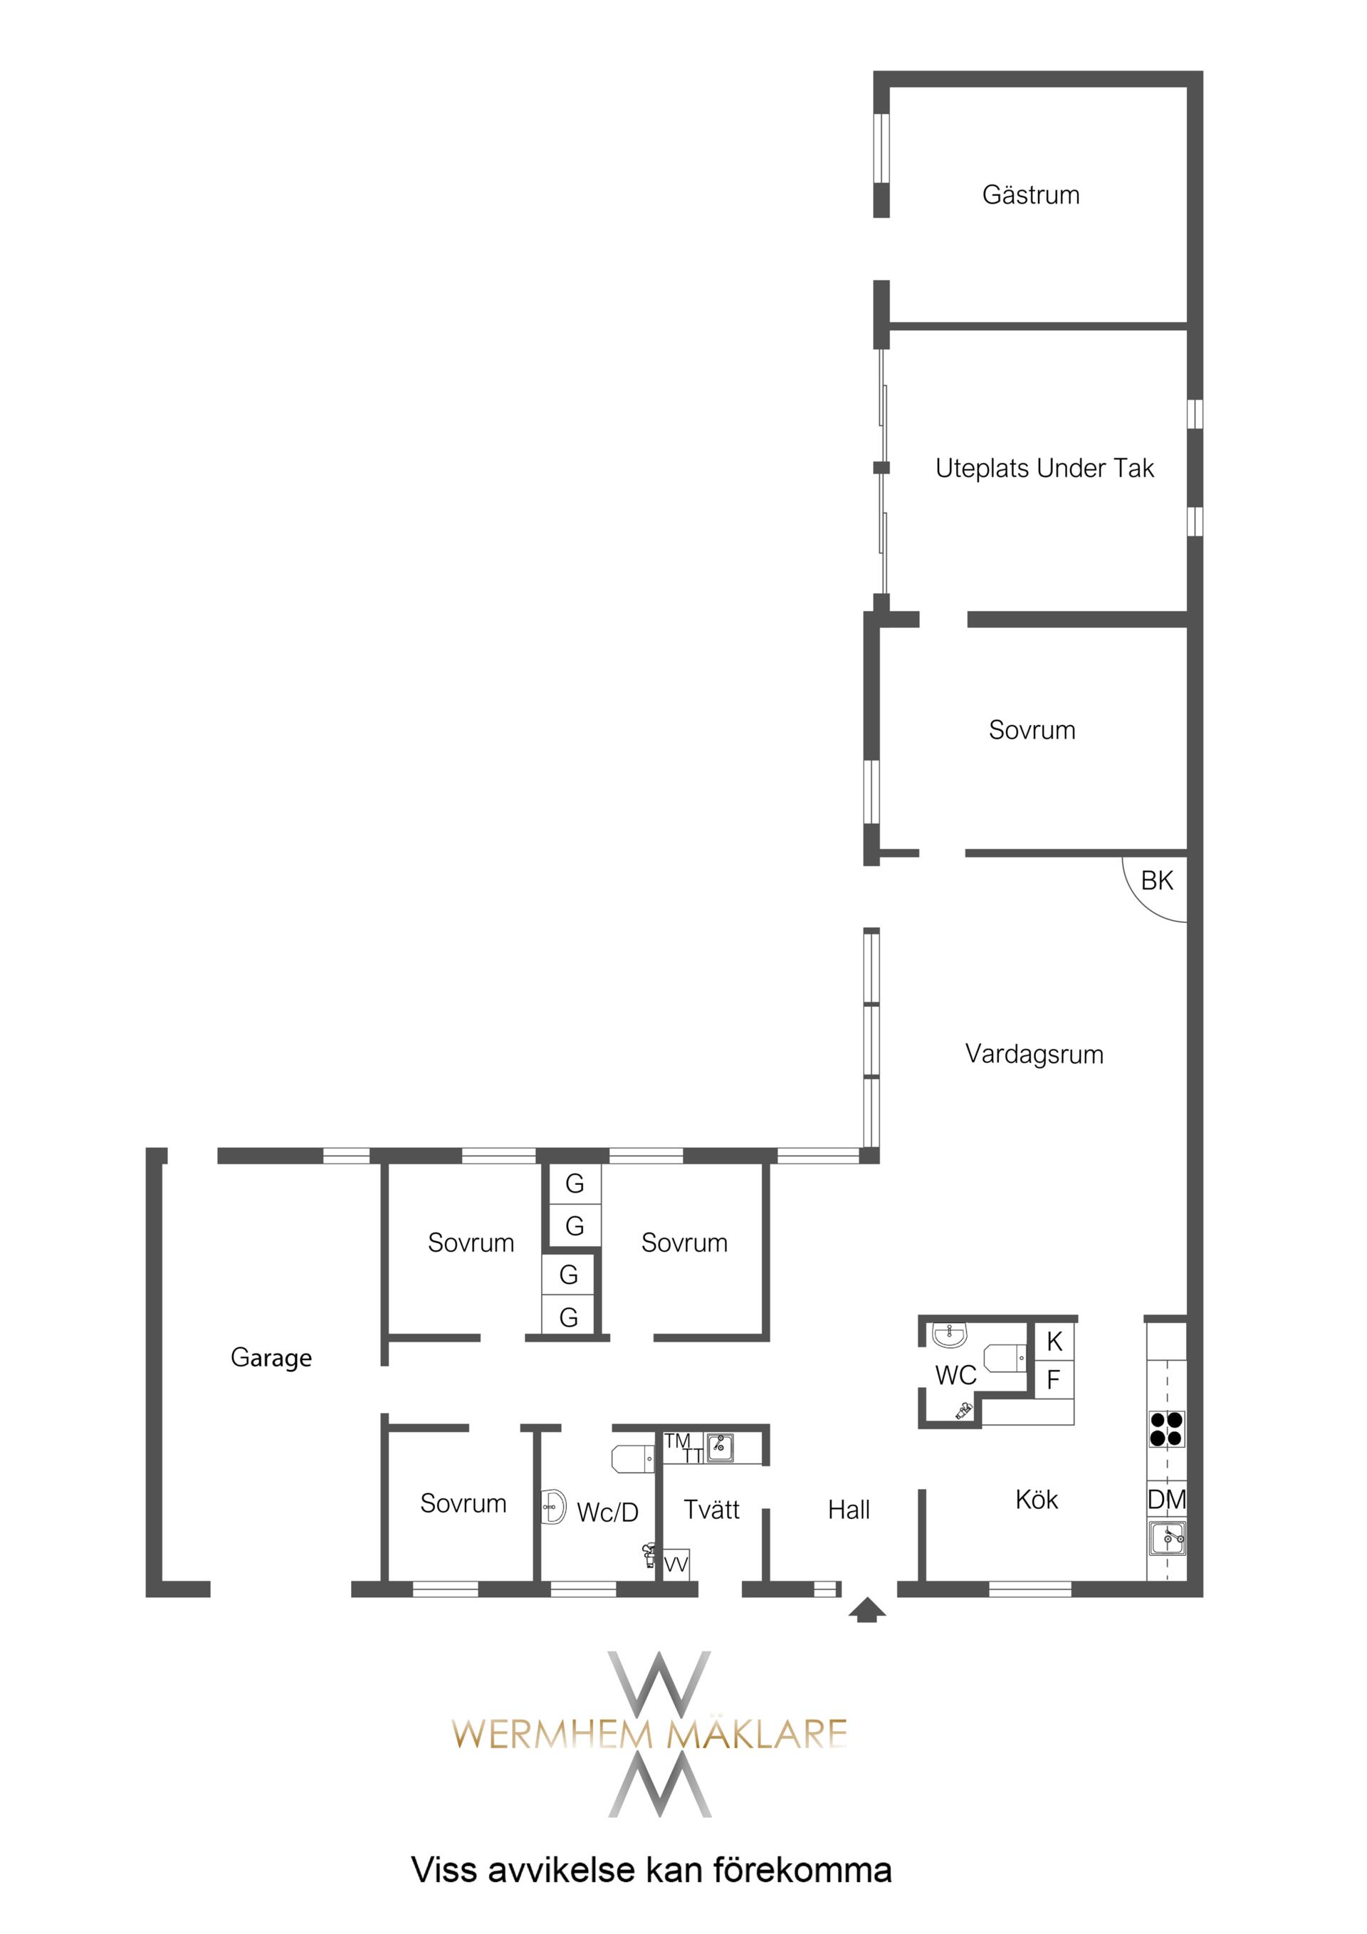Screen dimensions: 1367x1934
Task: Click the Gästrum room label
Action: [x=1030, y=194]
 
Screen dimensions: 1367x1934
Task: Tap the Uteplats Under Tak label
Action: [x=1044, y=468]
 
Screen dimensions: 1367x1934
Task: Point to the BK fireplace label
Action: [x=1156, y=880]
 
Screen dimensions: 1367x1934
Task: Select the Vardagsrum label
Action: [x=1035, y=1054]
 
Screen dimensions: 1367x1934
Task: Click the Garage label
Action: [x=271, y=1358]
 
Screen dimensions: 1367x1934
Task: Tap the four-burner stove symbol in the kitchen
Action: [x=1166, y=1428]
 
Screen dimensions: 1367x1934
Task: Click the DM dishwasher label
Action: [x=1166, y=1500]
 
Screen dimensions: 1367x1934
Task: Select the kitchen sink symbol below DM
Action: [x=1166, y=1538]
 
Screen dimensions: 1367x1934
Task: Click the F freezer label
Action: [x=1053, y=1380]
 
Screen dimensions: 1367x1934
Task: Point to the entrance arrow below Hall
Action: [x=866, y=1611]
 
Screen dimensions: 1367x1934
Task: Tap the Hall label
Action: [x=848, y=1510]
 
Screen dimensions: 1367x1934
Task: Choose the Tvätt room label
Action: [x=712, y=1510]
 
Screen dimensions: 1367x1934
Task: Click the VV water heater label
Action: [x=676, y=1565]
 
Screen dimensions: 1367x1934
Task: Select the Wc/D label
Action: [x=607, y=1513]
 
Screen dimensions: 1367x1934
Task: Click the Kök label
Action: [x=1036, y=1500]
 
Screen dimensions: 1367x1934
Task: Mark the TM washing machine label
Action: [x=677, y=1441]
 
